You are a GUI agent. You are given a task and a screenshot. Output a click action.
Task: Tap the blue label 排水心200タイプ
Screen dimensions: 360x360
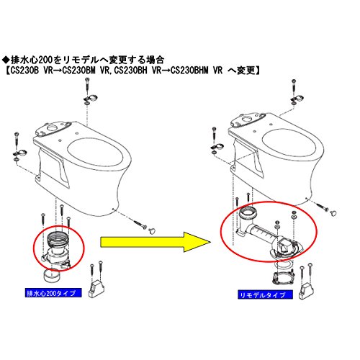click(53, 293)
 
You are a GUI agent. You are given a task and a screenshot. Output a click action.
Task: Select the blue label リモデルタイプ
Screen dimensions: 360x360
click(265, 294)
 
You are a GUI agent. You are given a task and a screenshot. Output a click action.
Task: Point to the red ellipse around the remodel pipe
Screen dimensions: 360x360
click(269, 203)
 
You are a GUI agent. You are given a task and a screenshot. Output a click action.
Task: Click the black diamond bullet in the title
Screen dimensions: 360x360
click(5, 59)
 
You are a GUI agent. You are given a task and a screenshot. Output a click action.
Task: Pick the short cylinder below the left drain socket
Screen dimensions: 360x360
click(51, 275)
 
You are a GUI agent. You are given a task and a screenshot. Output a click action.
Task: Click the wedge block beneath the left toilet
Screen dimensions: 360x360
click(96, 289)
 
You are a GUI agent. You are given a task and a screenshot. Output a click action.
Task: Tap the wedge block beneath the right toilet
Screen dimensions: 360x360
click(306, 291)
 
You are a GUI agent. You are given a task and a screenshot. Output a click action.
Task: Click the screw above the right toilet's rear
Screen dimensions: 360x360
click(294, 87)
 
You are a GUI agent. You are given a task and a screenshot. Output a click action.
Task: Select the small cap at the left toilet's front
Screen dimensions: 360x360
click(152, 231)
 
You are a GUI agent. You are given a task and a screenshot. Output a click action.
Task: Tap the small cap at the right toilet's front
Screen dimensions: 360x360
click(333, 213)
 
